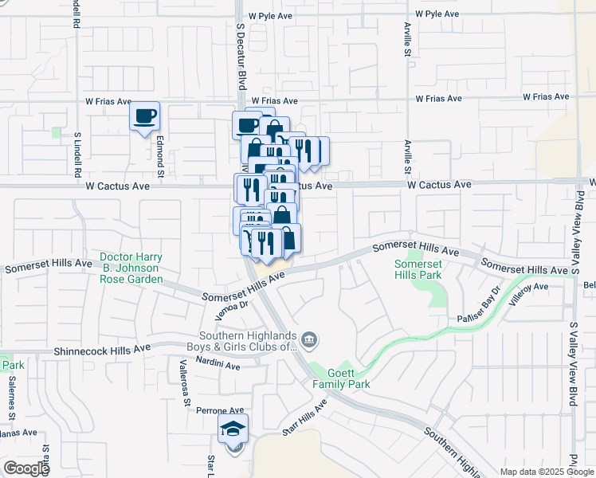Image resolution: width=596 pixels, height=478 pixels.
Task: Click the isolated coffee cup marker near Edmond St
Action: (144, 117)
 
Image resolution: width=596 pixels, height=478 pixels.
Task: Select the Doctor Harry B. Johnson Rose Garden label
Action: (131, 268)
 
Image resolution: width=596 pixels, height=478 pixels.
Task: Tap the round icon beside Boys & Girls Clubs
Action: (309, 341)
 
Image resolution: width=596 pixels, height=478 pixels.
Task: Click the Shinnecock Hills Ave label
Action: (102, 350)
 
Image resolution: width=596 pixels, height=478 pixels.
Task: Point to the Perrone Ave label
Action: (198, 409)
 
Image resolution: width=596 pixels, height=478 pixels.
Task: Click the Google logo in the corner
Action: (25, 468)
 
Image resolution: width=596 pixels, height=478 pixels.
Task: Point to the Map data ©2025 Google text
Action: (546, 472)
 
